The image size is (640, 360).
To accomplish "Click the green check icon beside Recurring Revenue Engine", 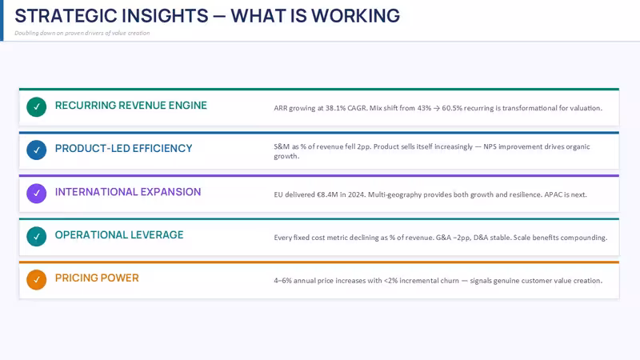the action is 36,107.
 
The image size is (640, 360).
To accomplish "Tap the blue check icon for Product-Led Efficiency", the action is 36,150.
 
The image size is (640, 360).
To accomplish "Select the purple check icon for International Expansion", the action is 36,194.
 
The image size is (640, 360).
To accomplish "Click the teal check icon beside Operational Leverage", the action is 36,236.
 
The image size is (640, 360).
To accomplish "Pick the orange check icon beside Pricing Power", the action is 36,279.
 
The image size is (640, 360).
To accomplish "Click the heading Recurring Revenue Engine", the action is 131,106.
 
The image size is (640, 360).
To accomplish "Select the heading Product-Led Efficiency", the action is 124,149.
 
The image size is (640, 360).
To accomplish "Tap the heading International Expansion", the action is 128,192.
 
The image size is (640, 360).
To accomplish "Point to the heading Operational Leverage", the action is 119,235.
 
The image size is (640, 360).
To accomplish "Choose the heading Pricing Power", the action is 97,278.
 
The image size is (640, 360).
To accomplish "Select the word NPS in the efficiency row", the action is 490,146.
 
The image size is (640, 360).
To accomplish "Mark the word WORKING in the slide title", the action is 355,16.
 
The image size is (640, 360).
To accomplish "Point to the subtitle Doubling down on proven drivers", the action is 82,33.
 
